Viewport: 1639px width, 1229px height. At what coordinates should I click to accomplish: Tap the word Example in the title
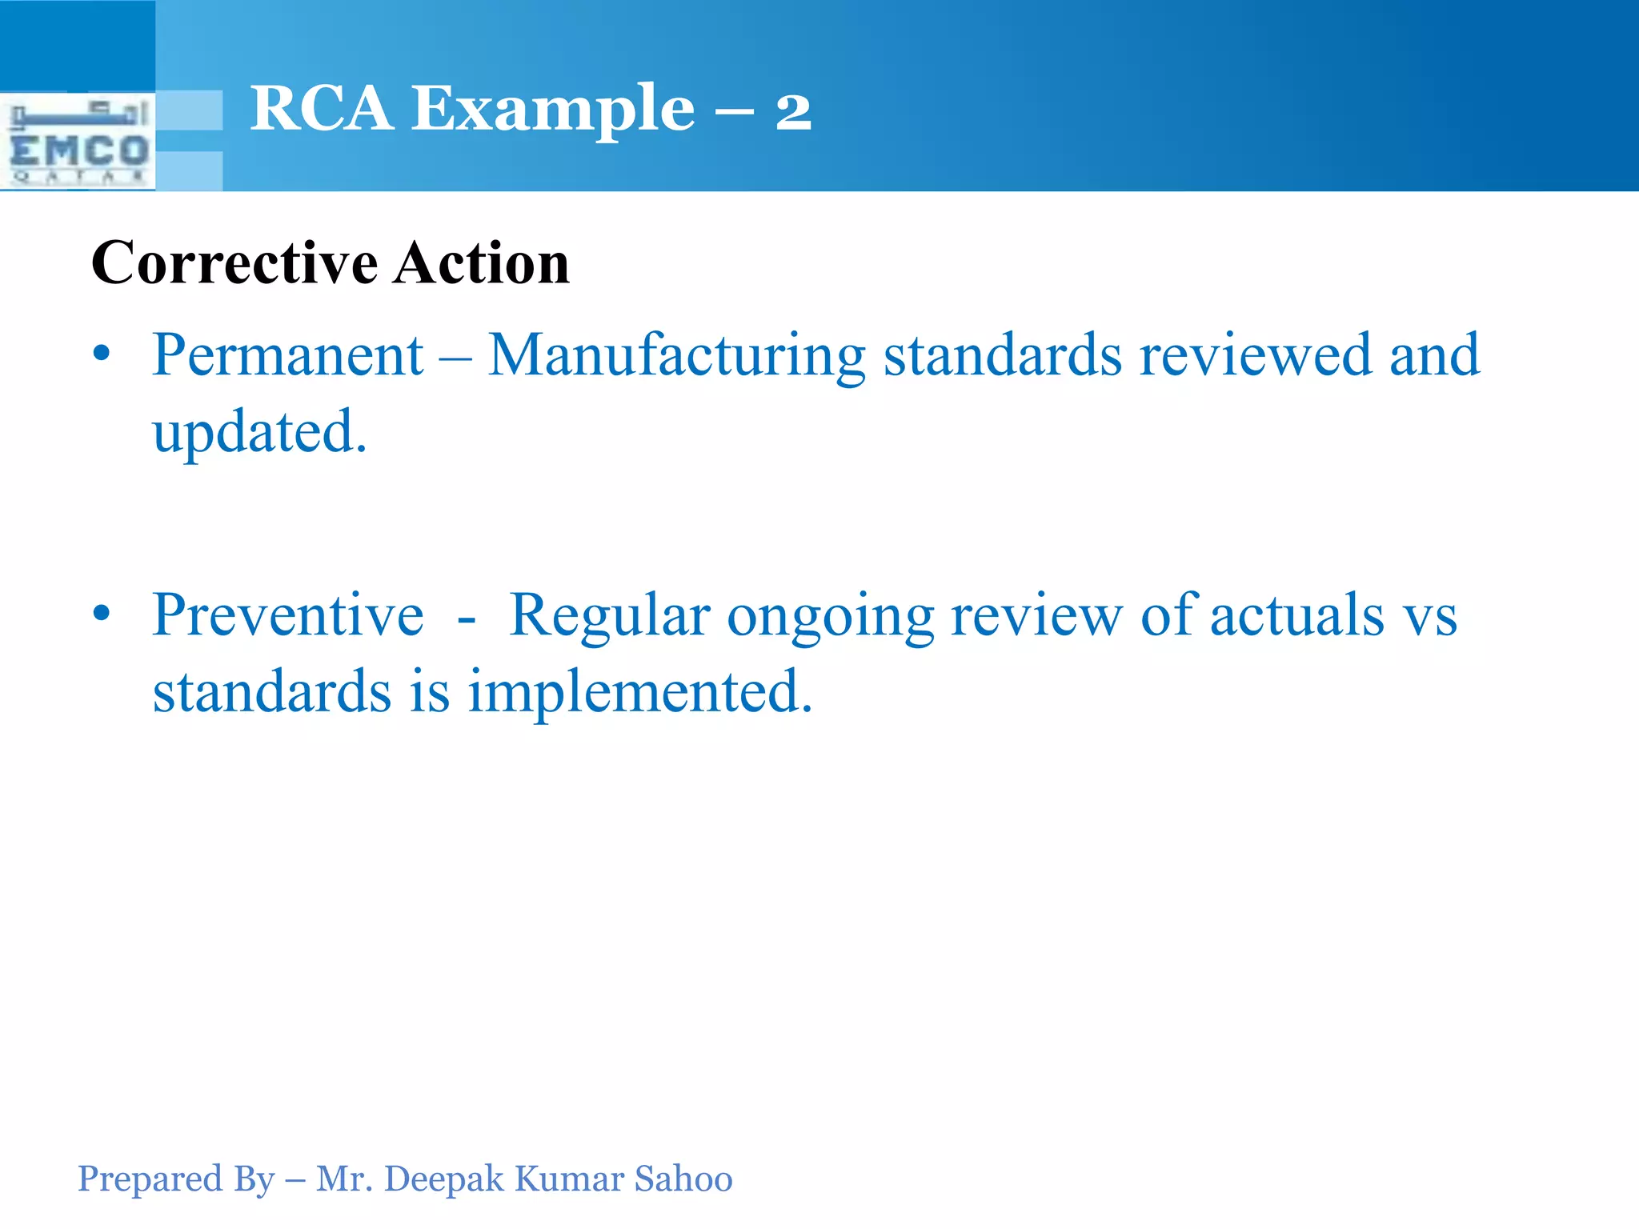(553, 110)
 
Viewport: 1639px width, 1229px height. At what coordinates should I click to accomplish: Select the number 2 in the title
(793, 111)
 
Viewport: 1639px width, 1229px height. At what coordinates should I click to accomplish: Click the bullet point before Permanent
(101, 354)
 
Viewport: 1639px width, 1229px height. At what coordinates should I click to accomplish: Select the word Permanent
(287, 355)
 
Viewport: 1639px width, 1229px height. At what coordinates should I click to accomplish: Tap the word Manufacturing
(677, 357)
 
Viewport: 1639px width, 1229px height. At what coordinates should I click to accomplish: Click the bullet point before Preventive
(101, 614)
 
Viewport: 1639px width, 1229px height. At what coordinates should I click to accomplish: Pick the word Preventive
(287, 615)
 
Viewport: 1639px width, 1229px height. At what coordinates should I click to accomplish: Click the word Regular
(609, 617)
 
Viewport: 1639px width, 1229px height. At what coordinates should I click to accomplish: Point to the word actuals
(1296, 615)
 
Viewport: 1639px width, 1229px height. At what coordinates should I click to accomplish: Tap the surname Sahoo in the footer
(683, 1179)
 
